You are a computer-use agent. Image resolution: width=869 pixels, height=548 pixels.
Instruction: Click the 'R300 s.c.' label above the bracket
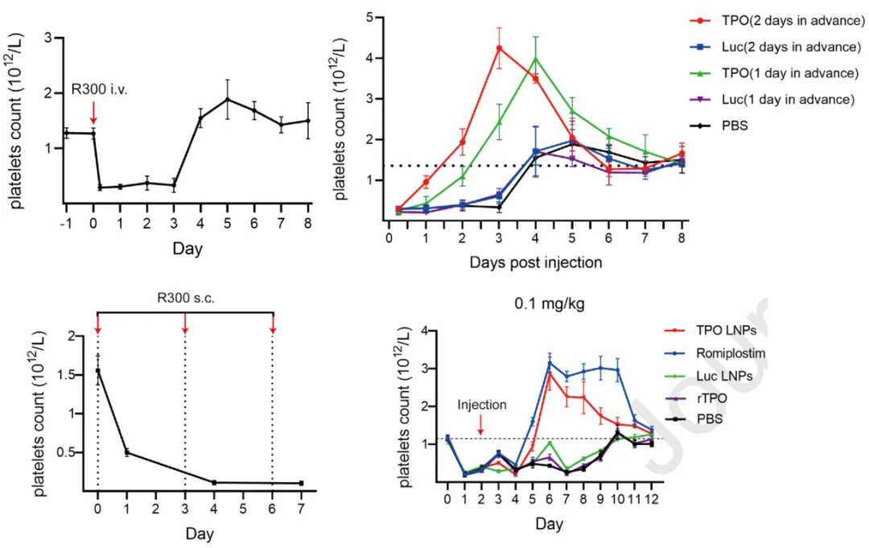pyautogui.click(x=184, y=295)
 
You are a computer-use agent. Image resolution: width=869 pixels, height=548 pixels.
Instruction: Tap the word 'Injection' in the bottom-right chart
pyautogui.click(x=481, y=405)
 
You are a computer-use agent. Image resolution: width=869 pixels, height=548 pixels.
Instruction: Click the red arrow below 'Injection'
pyautogui.click(x=480, y=425)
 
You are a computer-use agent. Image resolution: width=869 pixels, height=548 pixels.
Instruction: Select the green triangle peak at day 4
pyautogui.click(x=535, y=58)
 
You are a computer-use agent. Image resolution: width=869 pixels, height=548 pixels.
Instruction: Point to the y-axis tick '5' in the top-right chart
pyautogui.click(x=368, y=16)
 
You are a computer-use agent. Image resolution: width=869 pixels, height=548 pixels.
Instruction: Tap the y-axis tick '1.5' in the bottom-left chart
pyautogui.click(x=68, y=375)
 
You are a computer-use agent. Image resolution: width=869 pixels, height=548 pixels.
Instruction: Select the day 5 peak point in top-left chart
pyautogui.click(x=228, y=100)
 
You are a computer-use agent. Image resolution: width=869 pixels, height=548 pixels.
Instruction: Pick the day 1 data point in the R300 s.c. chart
pyautogui.click(x=126, y=452)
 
